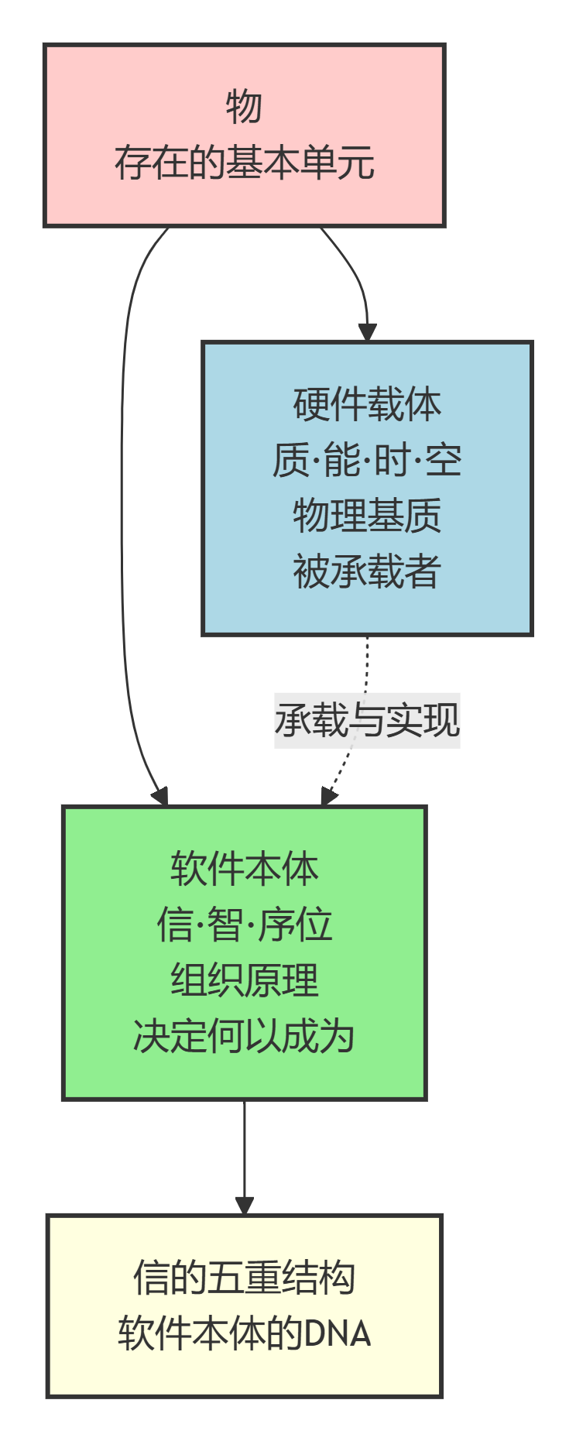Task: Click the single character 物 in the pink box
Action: tap(244, 107)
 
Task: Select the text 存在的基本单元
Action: tap(244, 163)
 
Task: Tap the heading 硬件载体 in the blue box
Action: tap(367, 404)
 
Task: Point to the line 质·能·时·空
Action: tap(367, 460)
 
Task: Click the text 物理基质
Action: tap(367, 516)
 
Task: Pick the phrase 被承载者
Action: tap(367, 571)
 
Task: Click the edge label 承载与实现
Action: tap(367, 720)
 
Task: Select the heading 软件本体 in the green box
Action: tap(244, 869)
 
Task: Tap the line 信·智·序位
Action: tap(244, 925)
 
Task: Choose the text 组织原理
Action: tap(244, 980)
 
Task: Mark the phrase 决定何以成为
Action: tap(244, 1036)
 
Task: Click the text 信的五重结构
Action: tap(244, 1278)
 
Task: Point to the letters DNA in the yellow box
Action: tap(338, 1333)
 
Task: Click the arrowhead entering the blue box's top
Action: tap(367, 332)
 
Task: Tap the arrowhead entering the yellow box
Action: tap(245, 1206)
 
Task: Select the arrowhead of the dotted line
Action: tap(329, 796)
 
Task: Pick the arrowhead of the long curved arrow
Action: tap(161, 796)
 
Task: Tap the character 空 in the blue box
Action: tap(444, 460)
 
